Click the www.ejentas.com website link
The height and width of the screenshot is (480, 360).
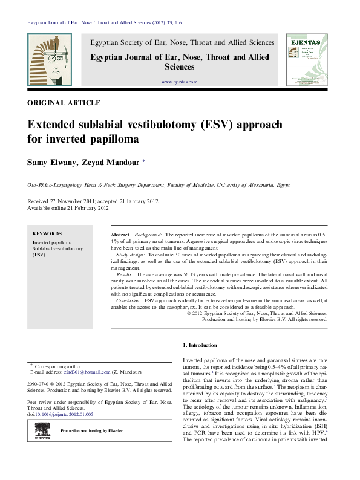tap(179, 82)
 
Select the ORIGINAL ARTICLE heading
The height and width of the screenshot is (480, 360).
tap(64, 103)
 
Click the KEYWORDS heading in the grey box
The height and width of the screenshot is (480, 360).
tap(47, 233)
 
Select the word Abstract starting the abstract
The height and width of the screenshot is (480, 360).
tap(120, 233)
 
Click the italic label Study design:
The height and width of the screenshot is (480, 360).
tap(130, 256)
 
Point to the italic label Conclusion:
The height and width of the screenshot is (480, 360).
tap(129, 300)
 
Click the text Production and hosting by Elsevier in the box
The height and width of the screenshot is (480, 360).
tap(91, 430)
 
